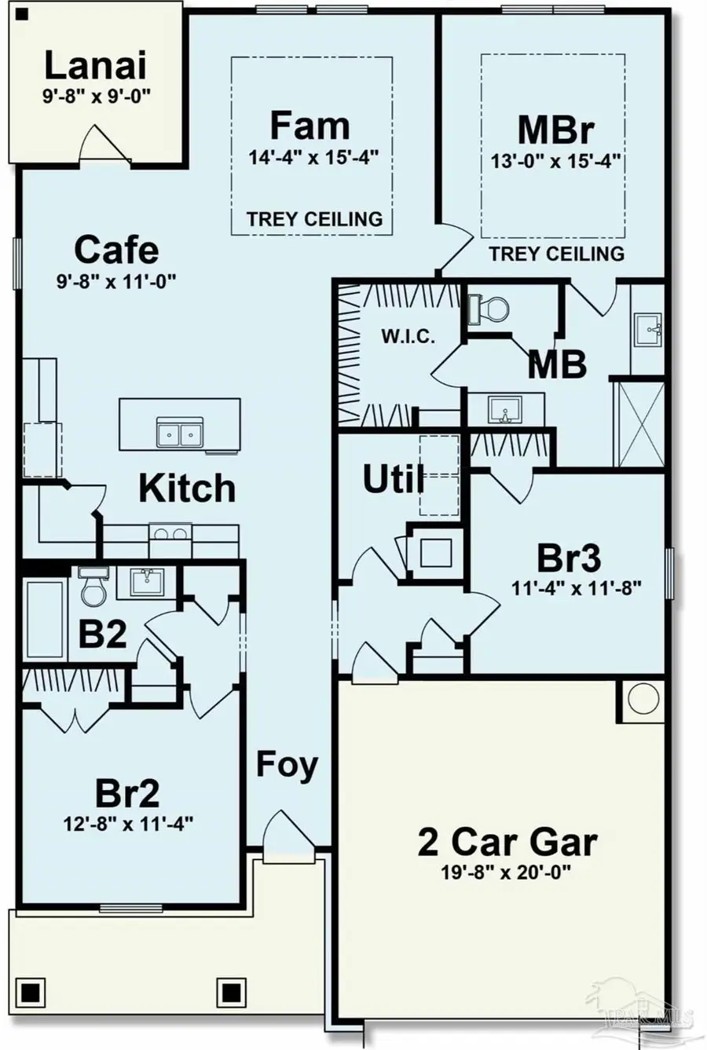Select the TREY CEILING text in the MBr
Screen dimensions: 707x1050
(557, 254)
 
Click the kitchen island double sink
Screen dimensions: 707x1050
(180, 432)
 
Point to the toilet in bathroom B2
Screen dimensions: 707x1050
(93, 586)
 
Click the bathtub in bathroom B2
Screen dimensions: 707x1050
(45, 620)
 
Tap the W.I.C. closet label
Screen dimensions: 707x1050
(408, 337)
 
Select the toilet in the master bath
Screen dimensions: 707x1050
(489, 309)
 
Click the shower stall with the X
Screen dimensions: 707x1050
(639, 424)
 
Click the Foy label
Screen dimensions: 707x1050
(287, 766)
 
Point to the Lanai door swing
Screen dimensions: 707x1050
(105, 145)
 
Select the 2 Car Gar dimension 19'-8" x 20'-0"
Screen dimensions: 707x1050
(507, 873)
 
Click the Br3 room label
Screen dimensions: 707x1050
(569, 558)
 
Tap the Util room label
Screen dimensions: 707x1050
(394, 479)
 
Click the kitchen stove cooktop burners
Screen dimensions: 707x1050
(170, 534)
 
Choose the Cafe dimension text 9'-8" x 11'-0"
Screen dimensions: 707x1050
(116, 282)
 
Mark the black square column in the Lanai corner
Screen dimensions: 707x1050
(20, 15)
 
